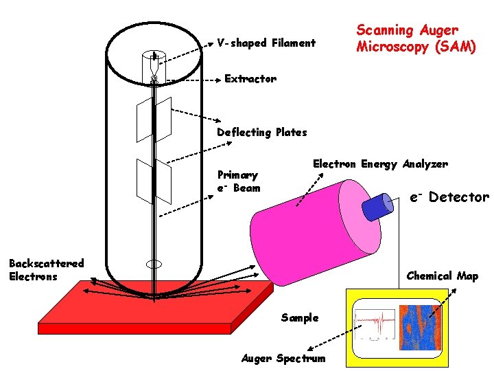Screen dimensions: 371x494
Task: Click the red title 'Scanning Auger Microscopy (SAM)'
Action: pyautogui.click(x=415, y=39)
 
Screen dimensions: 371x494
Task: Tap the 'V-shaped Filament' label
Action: pyautogui.click(x=266, y=43)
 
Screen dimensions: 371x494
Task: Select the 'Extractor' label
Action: pyautogui.click(x=250, y=79)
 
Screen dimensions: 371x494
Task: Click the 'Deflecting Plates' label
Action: pyautogui.click(x=261, y=133)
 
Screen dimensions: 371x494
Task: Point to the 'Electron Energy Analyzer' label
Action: pyautogui.click(x=380, y=164)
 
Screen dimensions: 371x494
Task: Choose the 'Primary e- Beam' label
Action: pyautogui.click(x=238, y=181)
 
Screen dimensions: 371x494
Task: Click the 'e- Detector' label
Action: pyautogui.click(x=449, y=198)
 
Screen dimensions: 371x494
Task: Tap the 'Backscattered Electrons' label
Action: pyautogui.click(x=46, y=269)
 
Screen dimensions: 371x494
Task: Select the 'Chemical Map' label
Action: pyautogui.click(x=442, y=276)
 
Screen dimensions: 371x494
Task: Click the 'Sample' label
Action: pyautogui.click(x=300, y=317)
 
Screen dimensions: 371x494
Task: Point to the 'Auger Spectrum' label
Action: pyautogui.click(x=283, y=359)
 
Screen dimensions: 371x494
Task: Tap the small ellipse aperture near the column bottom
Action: pyautogui.click(x=154, y=264)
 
